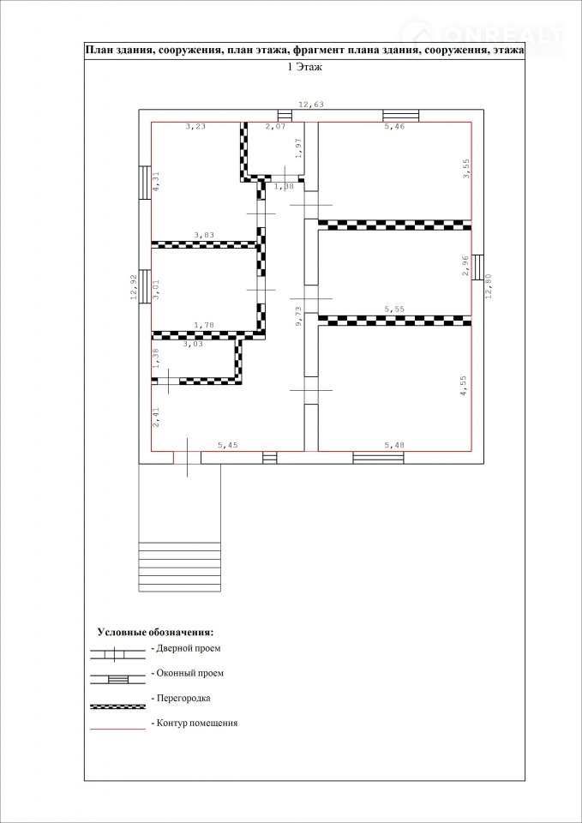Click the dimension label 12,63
(311, 105)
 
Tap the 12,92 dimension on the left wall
(134, 288)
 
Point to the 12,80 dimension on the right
(489, 286)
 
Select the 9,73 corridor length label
(298, 317)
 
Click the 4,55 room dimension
(464, 387)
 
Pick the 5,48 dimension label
(395, 446)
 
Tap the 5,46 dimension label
(394, 127)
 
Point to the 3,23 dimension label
(196, 127)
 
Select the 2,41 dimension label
(156, 418)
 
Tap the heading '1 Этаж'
(305, 67)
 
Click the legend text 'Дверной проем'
(189, 648)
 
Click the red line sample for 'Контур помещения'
(117, 729)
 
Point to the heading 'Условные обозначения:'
(156, 631)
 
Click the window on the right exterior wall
(477, 267)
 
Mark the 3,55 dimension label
(464, 169)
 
